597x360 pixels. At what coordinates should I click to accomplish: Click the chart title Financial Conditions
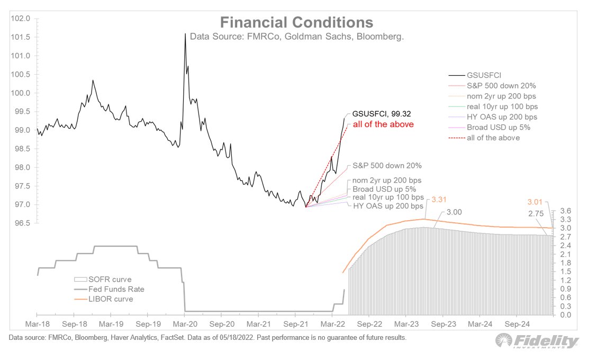(x=296, y=23)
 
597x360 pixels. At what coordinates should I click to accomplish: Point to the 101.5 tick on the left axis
(x=20, y=37)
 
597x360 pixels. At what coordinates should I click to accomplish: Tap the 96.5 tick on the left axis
(x=20, y=223)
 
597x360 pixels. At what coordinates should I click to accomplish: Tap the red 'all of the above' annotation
(x=383, y=124)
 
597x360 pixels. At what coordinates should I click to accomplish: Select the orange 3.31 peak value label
(x=440, y=200)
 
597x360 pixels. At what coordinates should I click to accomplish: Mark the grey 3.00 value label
(x=455, y=212)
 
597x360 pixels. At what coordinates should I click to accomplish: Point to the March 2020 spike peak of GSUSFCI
(x=185, y=34)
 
